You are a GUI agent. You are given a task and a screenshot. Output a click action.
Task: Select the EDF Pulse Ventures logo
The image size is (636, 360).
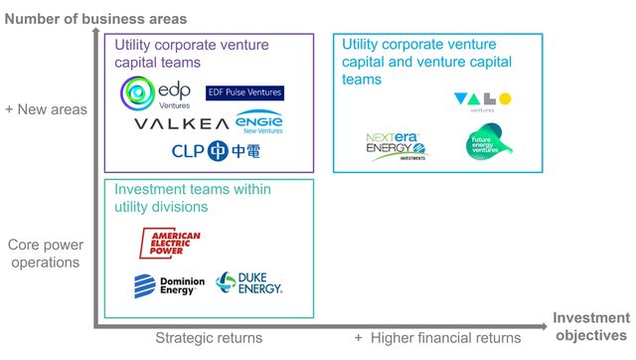[244, 92]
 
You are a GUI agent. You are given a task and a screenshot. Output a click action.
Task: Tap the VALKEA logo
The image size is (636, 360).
[181, 124]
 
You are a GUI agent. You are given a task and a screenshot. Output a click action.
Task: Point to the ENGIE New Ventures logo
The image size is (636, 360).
[260, 122]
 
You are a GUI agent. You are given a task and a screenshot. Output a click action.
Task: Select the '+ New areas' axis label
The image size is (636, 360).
[47, 109]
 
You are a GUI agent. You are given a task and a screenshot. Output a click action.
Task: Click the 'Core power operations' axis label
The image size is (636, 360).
[45, 253]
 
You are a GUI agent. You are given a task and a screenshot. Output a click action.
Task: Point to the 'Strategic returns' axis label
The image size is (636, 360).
[209, 338]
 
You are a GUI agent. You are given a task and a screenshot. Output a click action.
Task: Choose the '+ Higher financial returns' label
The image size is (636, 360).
[437, 338]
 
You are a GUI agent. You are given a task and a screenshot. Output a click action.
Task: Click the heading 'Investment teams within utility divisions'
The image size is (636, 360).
[193, 198]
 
